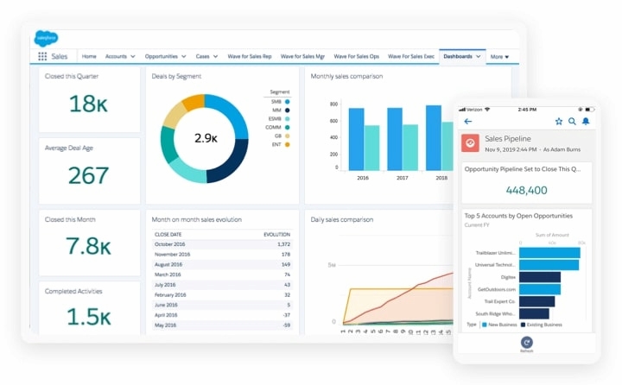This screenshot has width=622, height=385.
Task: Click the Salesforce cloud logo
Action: coord(46,37)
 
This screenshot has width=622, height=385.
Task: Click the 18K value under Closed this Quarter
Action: coord(89,104)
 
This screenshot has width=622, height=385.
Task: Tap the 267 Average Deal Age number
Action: coord(89,176)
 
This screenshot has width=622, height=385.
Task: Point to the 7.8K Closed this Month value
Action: coord(89,247)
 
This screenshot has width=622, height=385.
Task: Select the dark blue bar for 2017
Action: coord(395,138)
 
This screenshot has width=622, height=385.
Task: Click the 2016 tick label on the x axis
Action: coord(363,177)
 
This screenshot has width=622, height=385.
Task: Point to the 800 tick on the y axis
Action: coord(333,103)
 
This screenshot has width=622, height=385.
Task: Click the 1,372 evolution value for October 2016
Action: coord(282,244)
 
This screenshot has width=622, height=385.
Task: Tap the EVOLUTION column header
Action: coord(276,234)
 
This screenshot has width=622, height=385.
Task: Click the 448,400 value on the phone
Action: coord(526,190)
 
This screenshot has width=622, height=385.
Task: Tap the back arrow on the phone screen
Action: coord(468,122)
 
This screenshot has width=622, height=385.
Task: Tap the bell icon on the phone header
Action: coord(586,122)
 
